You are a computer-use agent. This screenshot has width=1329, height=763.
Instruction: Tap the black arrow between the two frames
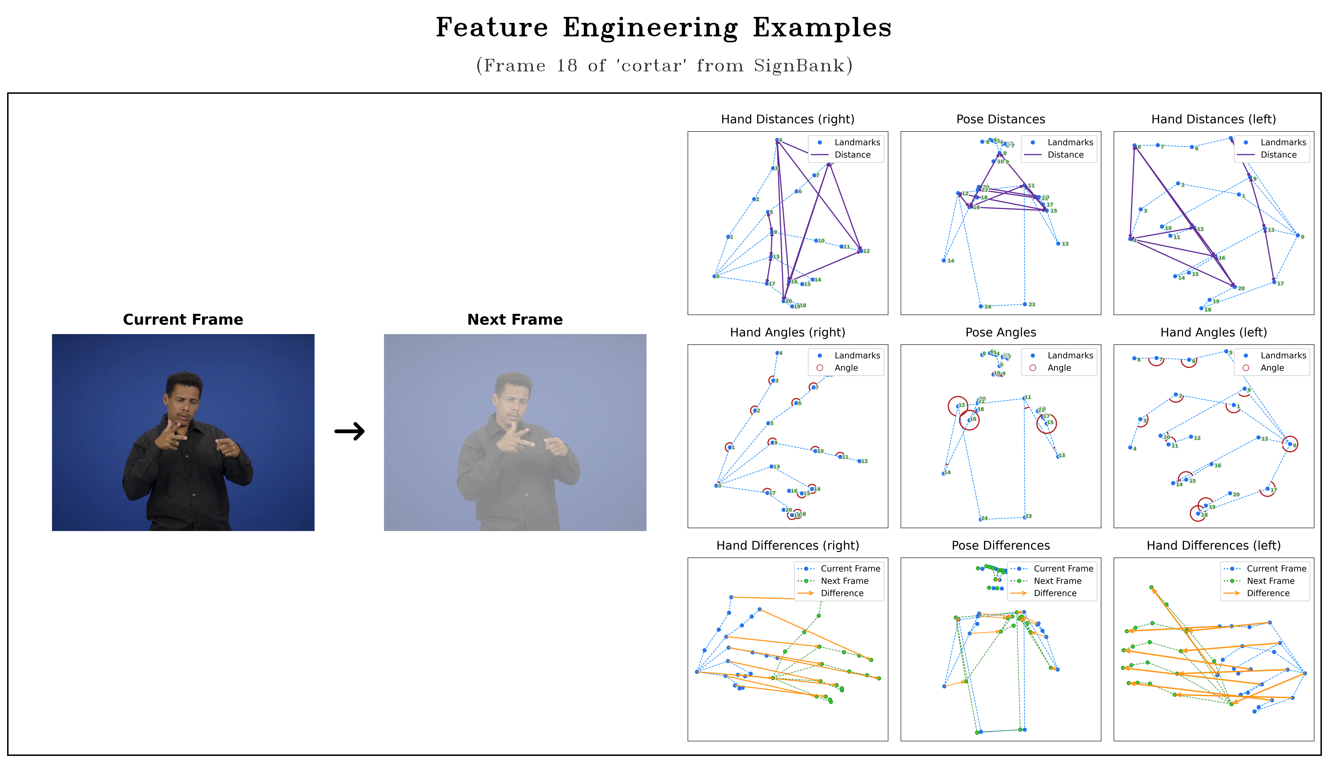tap(349, 431)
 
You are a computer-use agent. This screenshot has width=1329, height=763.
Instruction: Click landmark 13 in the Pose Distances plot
tap(1058, 244)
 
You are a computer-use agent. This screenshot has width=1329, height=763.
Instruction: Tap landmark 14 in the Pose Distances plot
tap(944, 260)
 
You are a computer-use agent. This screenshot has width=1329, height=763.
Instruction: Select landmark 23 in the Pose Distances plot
tap(1025, 304)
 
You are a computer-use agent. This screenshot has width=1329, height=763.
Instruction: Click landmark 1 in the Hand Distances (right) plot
tap(728, 237)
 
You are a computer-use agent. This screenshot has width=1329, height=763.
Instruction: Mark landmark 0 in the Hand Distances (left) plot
tap(1298, 236)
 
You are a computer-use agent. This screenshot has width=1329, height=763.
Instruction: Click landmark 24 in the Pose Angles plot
tap(980, 519)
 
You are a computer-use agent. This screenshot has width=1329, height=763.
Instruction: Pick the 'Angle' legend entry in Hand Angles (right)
tap(846, 368)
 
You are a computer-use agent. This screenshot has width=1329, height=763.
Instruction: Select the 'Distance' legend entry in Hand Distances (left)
tap(1278, 155)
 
